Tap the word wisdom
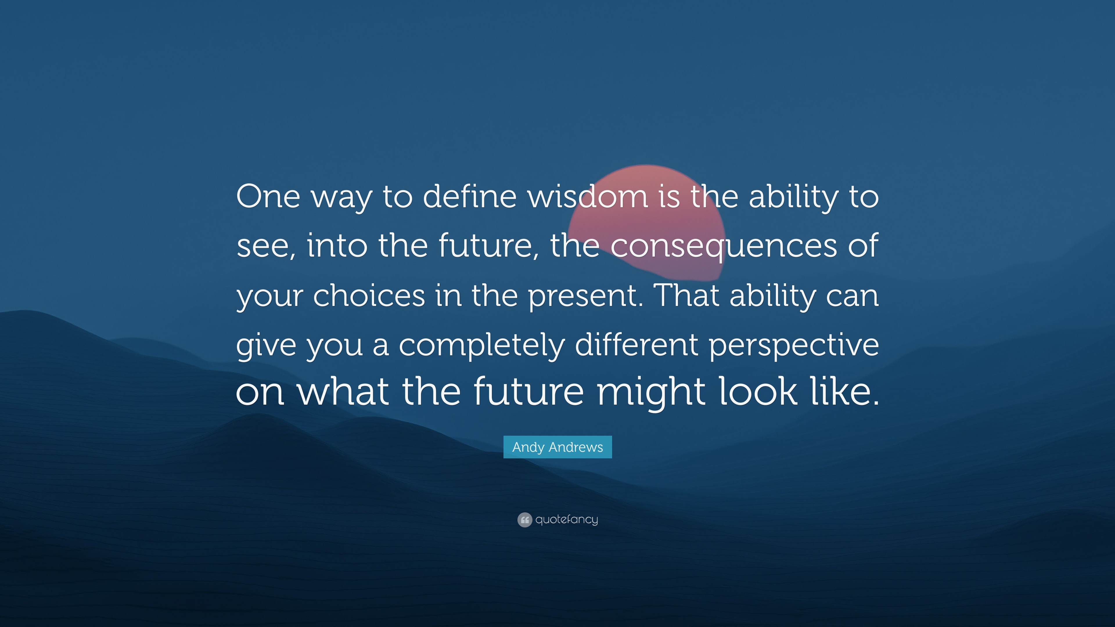588,196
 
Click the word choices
369,295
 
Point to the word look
758,390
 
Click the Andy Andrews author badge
557,447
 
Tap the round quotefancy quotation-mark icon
525,520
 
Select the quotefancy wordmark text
567,520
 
